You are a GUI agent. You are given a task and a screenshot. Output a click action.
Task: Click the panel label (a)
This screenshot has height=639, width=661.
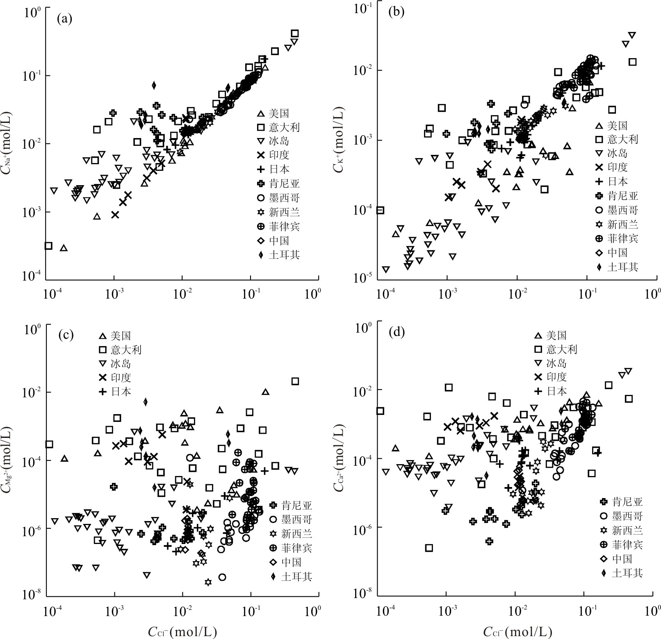pos(65,19)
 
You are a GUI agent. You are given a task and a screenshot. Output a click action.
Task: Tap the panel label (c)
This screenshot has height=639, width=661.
pos(66,335)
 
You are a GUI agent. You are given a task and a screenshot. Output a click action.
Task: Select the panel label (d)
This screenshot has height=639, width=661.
pos(396,331)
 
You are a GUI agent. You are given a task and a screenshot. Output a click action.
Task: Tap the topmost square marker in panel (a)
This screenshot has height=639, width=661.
pos(295,33)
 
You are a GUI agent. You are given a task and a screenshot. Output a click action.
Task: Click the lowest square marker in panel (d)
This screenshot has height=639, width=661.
pos(429,548)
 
